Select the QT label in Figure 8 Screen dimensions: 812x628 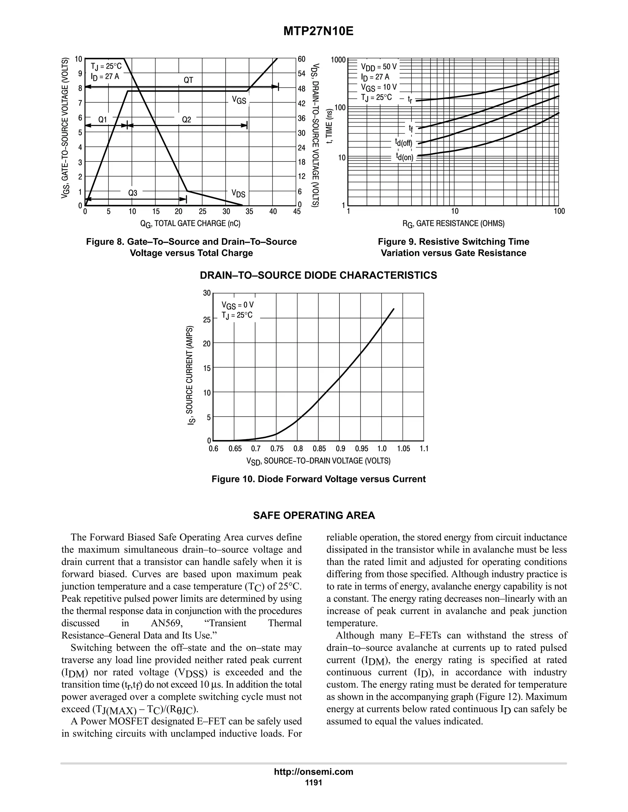(189, 80)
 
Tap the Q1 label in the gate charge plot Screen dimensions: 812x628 (103, 120)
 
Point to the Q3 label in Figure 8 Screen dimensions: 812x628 (133, 193)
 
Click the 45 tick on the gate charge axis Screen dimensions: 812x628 (297, 211)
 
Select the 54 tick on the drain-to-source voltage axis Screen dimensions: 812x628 (301, 74)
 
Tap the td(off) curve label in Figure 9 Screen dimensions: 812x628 (404, 142)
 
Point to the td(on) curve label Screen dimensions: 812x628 (404, 157)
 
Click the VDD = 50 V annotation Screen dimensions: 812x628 (379, 67)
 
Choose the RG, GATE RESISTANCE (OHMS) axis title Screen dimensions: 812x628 (454, 223)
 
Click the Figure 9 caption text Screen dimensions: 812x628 (454, 247)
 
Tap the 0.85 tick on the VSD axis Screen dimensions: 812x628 (319, 449)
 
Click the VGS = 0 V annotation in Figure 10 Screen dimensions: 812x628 (237, 305)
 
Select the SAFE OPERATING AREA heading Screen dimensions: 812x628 (314, 516)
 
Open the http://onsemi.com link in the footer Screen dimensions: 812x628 (314, 772)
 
